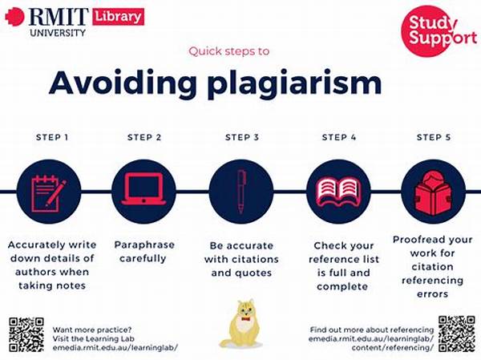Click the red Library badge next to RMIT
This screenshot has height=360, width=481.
[x=118, y=16]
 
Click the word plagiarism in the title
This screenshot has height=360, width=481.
[x=294, y=83]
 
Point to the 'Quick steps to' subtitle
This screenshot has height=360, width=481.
[x=229, y=51]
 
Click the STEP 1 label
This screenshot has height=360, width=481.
[x=52, y=137]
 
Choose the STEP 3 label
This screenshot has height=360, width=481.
[x=242, y=137]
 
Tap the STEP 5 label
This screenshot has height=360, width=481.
[x=434, y=137]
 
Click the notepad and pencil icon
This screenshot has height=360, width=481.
[x=48, y=193]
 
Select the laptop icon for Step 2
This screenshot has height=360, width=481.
[x=143, y=189]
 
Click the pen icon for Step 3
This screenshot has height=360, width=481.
[x=241, y=192]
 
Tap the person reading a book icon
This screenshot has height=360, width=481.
[x=433, y=193]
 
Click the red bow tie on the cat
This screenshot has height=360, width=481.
[x=245, y=319]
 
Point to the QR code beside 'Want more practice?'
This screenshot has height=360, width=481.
[x=26, y=335]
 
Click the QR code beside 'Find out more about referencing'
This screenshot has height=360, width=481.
[x=457, y=334]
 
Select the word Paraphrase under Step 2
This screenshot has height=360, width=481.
[x=144, y=245]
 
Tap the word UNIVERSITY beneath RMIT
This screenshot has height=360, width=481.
[x=58, y=33]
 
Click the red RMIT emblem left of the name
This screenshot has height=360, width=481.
[x=14, y=17]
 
